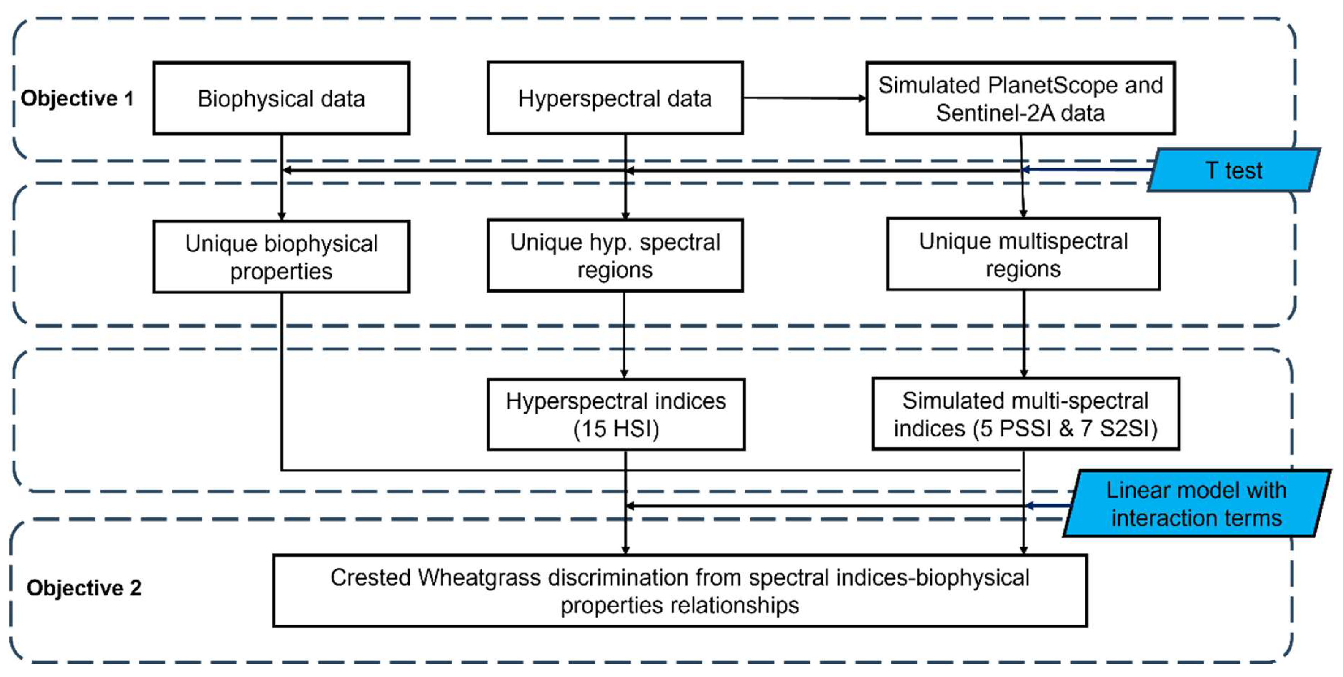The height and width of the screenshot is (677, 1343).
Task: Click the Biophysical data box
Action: [281, 98]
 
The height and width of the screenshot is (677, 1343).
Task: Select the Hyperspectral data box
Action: [615, 98]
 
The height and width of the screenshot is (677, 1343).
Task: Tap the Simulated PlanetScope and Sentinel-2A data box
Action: [1020, 98]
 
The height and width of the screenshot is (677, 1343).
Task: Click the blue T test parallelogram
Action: [1234, 170]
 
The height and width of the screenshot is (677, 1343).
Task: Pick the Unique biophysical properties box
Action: [281, 257]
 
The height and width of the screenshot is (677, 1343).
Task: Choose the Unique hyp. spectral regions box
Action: [615, 255]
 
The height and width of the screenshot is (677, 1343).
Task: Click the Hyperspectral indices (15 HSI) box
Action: [616, 415]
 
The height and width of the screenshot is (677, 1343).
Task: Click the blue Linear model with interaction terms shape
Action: [1196, 504]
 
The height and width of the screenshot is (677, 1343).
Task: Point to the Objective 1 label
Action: [77, 98]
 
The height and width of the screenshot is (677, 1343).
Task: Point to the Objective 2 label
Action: [84, 588]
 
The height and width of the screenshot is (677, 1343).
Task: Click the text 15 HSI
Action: [616, 429]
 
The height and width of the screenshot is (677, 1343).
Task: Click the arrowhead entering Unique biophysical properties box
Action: [282, 216]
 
